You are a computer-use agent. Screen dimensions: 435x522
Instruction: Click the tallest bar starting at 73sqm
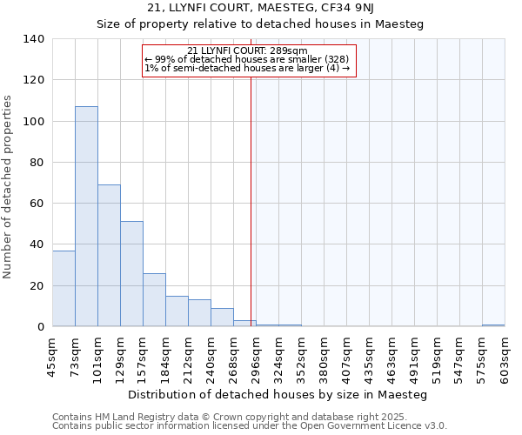(86, 217)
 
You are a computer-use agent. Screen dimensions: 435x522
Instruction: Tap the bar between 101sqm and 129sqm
(109, 256)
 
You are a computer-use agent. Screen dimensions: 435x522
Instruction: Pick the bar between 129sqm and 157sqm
(131, 274)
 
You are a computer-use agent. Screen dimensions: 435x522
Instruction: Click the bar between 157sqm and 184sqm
(154, 300)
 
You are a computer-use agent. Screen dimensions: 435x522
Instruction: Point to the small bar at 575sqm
(493, 325)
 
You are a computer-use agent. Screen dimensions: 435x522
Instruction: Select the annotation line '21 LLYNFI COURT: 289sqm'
(247, 50)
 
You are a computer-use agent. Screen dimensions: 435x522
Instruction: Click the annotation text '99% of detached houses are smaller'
(247, 59)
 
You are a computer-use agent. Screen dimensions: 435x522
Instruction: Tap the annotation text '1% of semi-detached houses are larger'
(247, 68)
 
